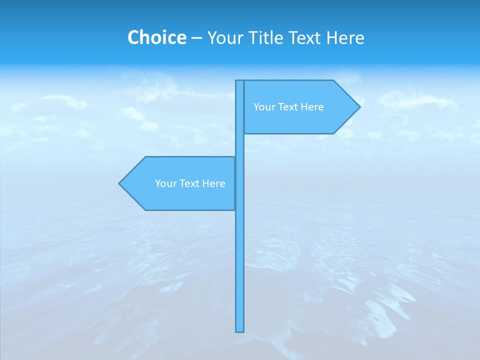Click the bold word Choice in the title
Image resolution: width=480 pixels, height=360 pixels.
click(156, 37)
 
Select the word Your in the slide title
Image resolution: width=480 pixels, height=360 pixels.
click(224, 37)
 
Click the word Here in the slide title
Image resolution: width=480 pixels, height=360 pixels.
click(345, 37)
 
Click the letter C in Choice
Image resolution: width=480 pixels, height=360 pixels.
click(133, 37)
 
